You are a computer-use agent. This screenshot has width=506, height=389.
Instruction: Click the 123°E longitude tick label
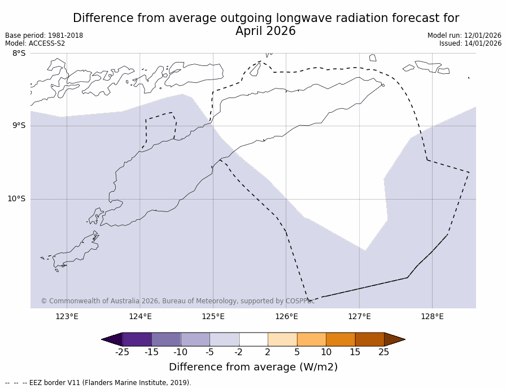pos(67,316)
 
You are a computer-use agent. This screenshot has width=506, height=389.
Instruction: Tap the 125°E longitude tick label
pos(213,316)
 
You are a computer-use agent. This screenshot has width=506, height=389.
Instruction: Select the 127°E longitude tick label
pos(359,316)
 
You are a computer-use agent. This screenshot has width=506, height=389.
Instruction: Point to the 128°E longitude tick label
pos(432,316)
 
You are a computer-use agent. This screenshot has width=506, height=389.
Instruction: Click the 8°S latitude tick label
pos(19,54)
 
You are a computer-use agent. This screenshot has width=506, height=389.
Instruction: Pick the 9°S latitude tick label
pos(19,126)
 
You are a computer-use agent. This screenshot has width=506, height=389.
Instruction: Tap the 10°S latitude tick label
pos(16,198)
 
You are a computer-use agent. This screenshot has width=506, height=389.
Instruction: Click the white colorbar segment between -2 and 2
pos(253,339)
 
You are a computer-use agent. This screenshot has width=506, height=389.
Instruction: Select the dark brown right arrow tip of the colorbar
pos(394,339)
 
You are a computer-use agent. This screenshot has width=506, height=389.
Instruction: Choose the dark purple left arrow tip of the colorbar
pos(112,339)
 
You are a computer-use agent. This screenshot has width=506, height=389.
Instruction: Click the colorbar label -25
pos(122,352)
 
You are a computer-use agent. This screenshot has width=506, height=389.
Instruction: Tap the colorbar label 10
pos(326,352)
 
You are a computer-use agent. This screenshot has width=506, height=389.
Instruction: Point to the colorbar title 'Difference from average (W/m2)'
pos(253,367)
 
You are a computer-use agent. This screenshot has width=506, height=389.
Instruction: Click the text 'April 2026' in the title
pos(265,32)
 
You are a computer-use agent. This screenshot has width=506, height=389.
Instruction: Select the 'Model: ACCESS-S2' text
pos(35,43)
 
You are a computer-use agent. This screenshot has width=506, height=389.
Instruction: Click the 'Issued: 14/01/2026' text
pos(470,43)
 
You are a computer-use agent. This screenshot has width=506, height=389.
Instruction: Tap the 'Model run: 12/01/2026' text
pos(464,36)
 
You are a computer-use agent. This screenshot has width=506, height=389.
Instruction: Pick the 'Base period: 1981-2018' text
pos(44,36)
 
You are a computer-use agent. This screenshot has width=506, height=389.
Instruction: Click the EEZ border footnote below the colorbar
pos(98,383)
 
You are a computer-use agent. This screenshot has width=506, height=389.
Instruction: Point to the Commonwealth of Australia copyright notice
pos(177,301)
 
